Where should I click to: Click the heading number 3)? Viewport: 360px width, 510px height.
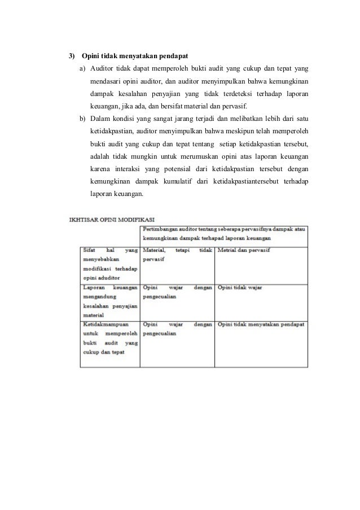(x=71, y=57)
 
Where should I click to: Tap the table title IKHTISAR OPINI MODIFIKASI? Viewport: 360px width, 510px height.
(x=113, y=220)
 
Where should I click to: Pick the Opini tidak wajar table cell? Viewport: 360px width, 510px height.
(x=240, y=287)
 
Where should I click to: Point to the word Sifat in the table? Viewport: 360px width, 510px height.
(x=89, y=250)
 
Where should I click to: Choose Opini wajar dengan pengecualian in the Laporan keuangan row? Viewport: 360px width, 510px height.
(x=177, y=291)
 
